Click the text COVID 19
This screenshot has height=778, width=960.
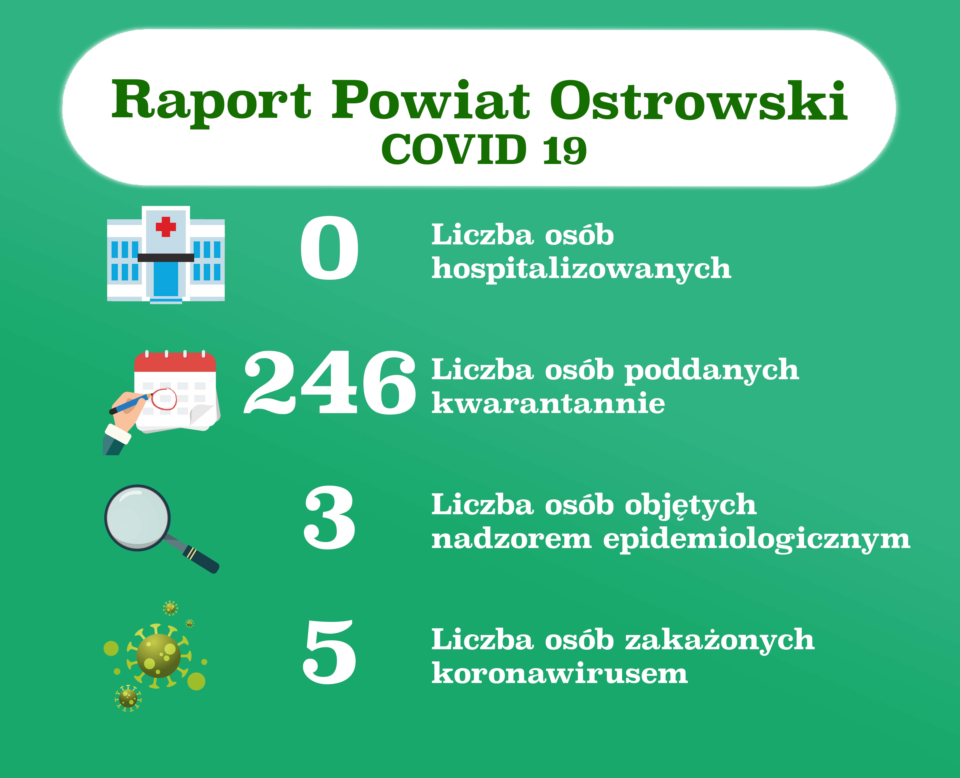[484, 149]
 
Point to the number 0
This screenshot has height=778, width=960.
[329, 248]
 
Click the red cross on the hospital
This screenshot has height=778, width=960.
[166, 227]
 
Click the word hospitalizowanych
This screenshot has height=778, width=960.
[581, 269]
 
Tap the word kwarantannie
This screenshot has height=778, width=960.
[548, 403]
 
